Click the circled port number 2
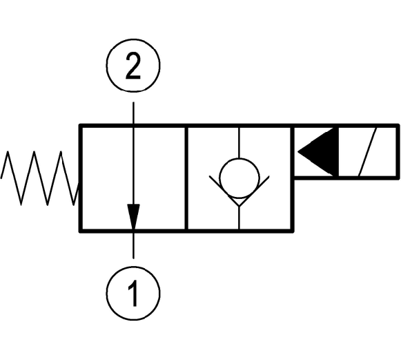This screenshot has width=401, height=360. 133,65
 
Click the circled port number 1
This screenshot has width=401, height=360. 133,293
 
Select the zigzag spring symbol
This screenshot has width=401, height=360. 39,178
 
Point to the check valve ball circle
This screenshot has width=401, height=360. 239,178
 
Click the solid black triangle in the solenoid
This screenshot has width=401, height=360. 318,152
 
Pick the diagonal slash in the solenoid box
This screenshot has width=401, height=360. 368,152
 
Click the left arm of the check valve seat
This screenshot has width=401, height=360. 224,191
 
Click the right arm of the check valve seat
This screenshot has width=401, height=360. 255,191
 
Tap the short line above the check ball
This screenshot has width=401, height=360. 239,143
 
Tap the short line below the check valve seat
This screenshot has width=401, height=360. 239,218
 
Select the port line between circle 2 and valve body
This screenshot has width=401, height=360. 133,113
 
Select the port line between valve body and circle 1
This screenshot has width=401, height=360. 133,245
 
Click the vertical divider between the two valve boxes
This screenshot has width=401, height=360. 186,178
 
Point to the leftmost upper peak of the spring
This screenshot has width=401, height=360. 8,151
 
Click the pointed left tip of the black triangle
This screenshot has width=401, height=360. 298,152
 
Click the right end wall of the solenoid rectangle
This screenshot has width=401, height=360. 398,152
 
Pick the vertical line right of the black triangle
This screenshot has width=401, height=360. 336,152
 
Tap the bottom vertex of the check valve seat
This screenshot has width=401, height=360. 239,207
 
